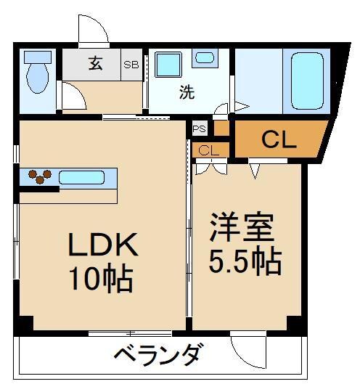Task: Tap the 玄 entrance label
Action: coord(95,62)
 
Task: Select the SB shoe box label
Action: coord(131,64)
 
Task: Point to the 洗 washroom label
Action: coord(187,93)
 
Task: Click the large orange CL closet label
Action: coord(279,140)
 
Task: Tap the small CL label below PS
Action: coord(208,151)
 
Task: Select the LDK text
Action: coord(102,247)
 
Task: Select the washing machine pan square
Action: coord(168,65)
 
